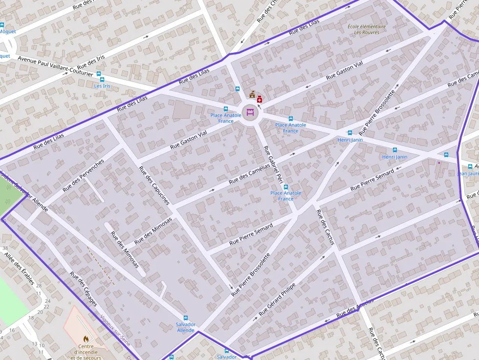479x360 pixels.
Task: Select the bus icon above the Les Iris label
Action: (99, 74)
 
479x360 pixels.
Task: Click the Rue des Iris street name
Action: (90, 61)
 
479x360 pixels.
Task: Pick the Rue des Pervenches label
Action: (84, 175)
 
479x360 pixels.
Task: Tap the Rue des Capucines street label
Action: (154, 185)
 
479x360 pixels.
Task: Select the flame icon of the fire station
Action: (86, 338)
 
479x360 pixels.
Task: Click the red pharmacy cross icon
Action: (259, 99)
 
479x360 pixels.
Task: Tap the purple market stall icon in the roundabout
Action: (250, 112)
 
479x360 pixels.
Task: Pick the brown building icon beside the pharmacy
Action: (252, 94)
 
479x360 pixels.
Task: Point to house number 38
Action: (5, 248)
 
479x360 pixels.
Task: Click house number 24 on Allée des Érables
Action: (47, 301)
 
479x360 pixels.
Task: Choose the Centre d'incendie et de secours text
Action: (86, 352)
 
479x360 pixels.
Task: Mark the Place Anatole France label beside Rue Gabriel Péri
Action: (286, 196)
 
